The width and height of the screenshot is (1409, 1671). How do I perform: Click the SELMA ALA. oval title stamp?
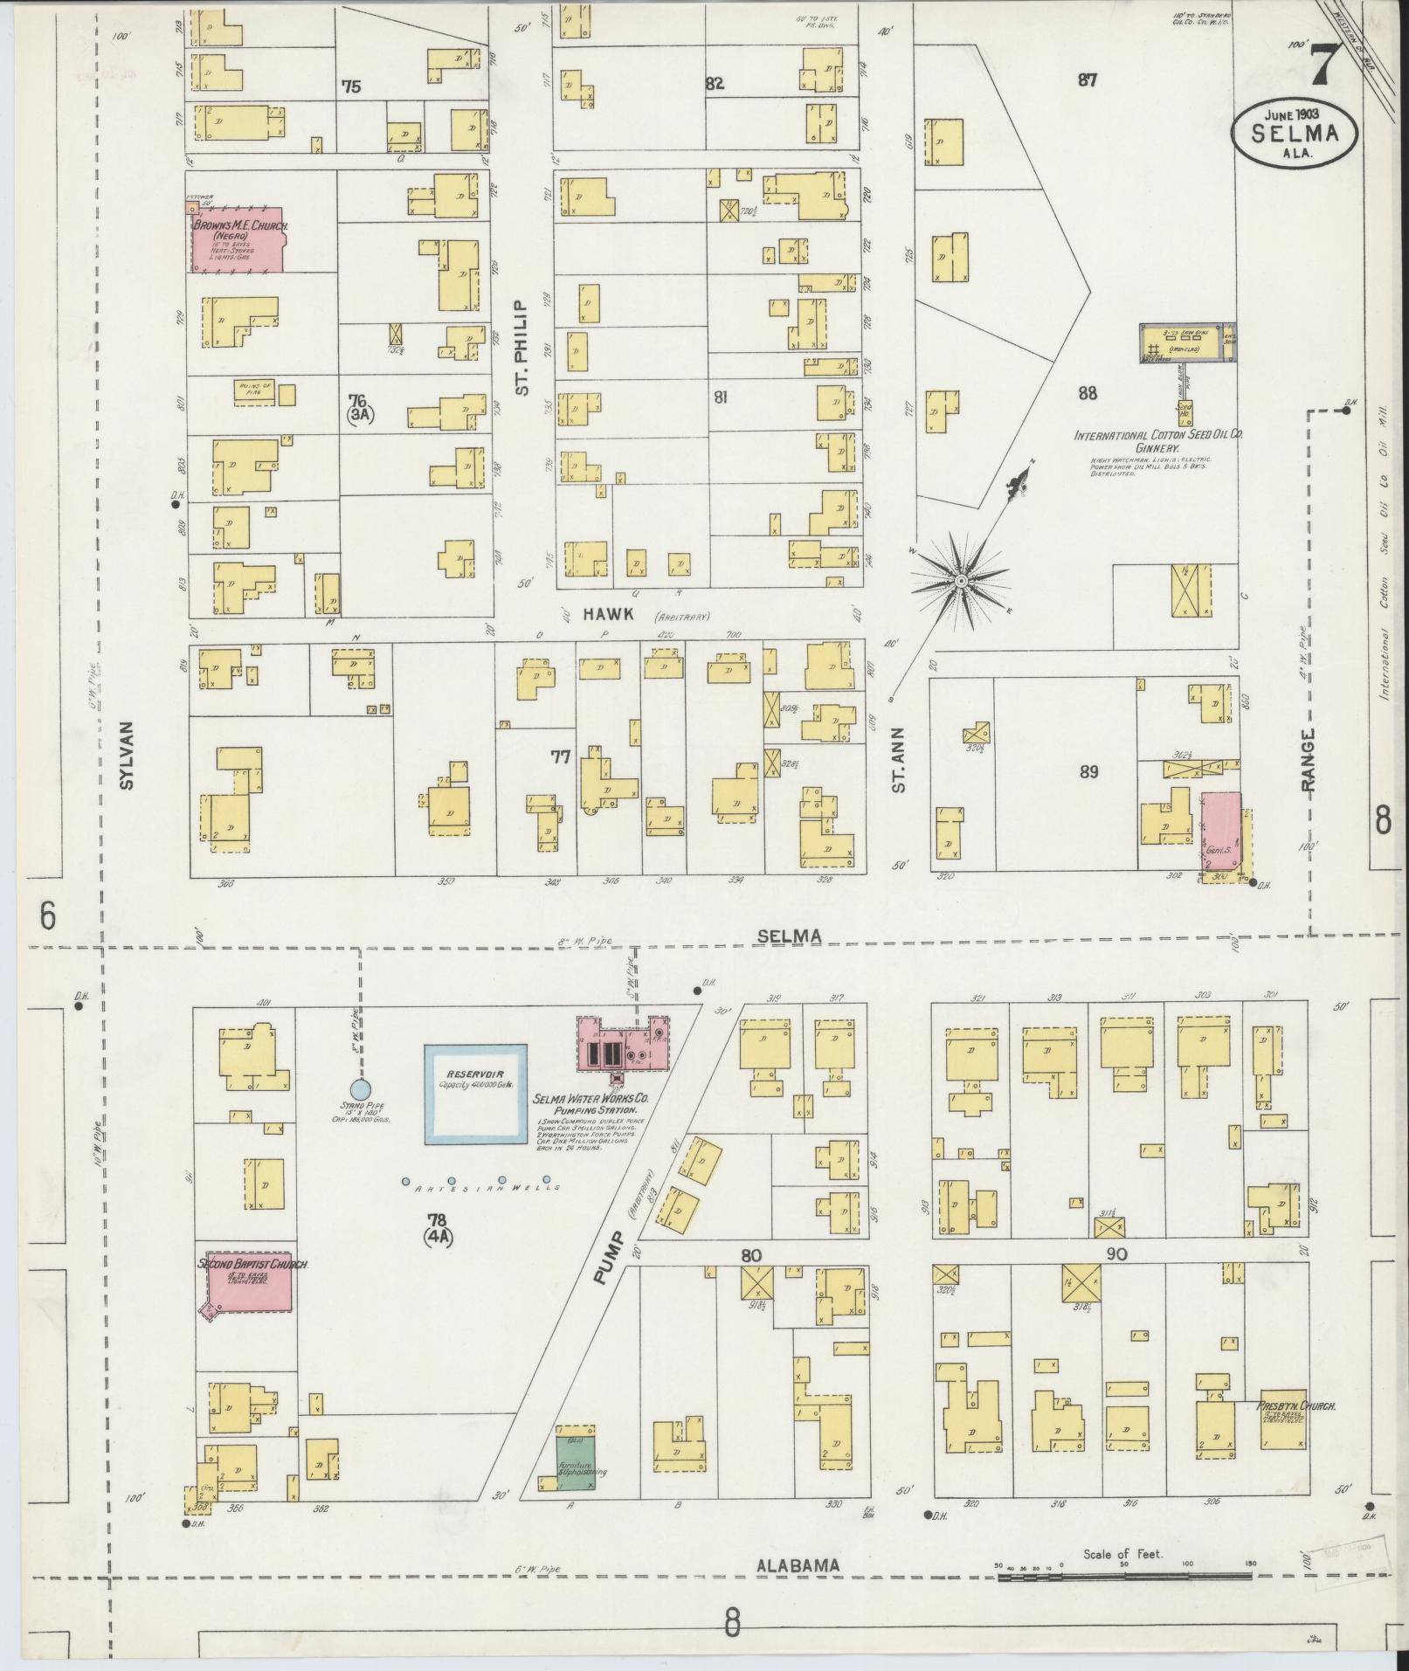pyautogui.click(x=1295, y=132)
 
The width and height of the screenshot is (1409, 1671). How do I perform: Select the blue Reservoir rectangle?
pyautogui.click(x=475, y=1094)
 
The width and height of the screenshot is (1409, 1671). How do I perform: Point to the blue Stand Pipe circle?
pyautogui.click(x=359, y=1088)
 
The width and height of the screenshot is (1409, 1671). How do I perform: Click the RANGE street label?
pyautogui.click(x=1308, y=761)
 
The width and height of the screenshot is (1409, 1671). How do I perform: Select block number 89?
pyautogui.click(x=1088, y=771)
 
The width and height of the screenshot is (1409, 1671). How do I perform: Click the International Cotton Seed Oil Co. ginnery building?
pyautogui.click(x=1186, y=342)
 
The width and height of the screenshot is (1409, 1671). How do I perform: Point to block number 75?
pyautogui.click(x=351, y=86)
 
